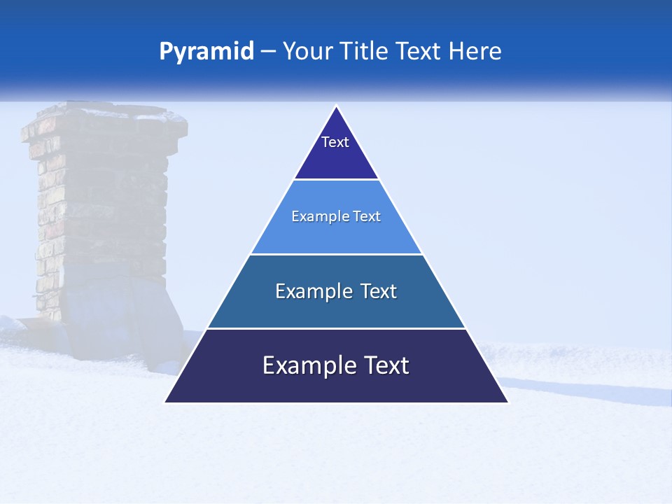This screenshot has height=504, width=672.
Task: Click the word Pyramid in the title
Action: point(206,52)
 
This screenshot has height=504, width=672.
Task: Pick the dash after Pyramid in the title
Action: point(267,52)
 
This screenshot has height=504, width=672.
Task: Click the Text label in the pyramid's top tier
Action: point(335,142)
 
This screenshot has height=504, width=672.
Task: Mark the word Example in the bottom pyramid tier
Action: point(307,365)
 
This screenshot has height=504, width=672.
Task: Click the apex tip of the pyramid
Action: point(336,107)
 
